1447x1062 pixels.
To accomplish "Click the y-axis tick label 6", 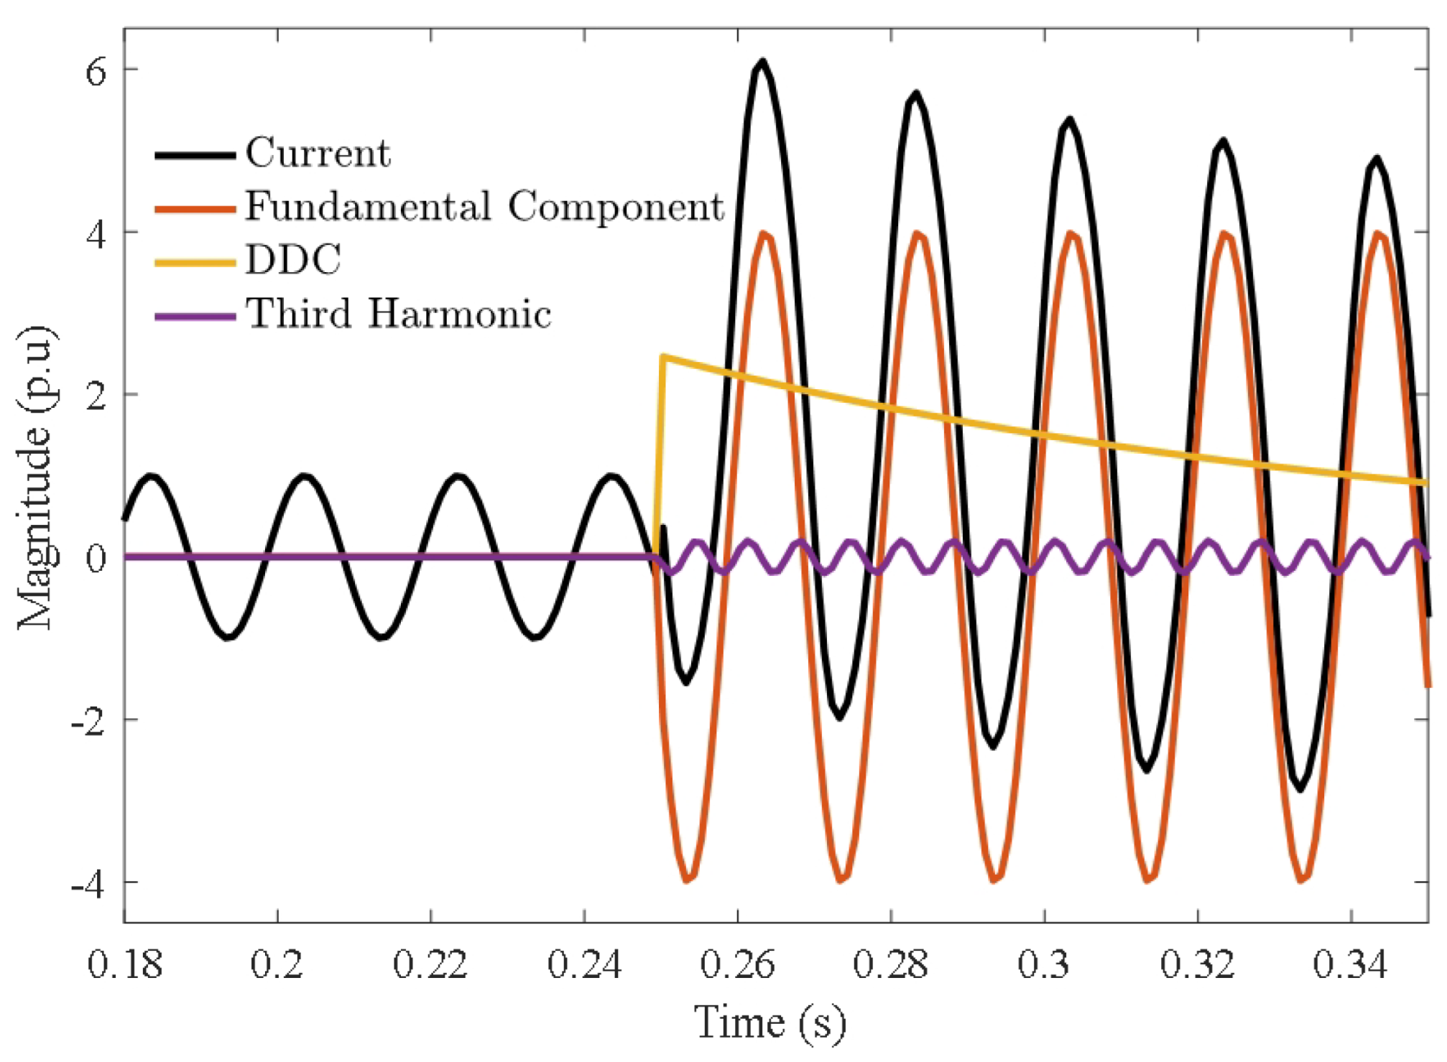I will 96,71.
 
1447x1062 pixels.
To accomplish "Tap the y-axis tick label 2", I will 96,396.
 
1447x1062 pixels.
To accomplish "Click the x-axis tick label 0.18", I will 124,964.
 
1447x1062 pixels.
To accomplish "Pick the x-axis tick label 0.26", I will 738,964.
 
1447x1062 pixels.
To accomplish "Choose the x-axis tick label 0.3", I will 1044,964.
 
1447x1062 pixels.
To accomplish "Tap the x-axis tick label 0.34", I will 1351,964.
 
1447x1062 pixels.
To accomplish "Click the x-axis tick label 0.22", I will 430,964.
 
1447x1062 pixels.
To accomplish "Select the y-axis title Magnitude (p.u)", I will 36,478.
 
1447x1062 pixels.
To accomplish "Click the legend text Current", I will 318,153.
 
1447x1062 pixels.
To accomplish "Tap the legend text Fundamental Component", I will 485,207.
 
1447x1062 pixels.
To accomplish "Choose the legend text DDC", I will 293,260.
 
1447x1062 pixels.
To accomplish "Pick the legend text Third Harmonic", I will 399,314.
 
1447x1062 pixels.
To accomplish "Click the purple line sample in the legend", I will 195,317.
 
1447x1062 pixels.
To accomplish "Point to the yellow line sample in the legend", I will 195,263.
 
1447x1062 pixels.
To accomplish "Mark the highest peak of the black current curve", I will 762,62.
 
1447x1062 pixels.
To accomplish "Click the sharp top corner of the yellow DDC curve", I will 664,356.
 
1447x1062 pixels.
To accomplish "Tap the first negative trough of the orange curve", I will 687,880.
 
